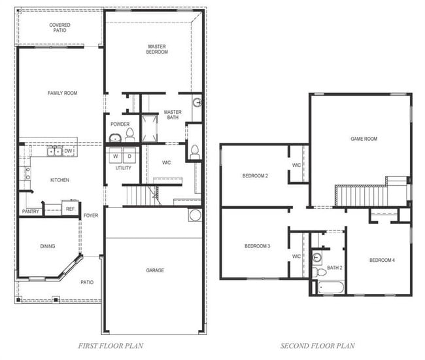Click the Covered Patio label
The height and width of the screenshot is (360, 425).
tap(59, 27)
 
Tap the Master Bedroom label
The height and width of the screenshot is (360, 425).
tap(157, 49)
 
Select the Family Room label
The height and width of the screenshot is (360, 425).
tap(62, 93)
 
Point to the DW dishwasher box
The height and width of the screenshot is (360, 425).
tap(69, 151)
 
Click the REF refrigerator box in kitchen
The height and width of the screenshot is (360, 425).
tap(70, 209)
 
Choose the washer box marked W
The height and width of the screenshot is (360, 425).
tap(115, 156)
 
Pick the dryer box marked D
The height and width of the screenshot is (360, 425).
tap(129, 156)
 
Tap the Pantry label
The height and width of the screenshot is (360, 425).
tap(31, 211)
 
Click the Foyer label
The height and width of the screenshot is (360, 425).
tap(91, 215)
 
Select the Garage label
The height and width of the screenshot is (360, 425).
tap(155, 270)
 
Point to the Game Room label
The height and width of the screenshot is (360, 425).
tap(364, 139)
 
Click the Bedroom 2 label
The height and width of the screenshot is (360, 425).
tap(256, 175)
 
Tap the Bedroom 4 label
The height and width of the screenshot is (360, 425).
tap(382, 260)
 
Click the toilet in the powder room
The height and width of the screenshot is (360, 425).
tap(129, 135)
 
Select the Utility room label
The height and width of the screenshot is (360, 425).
tap(123, 168)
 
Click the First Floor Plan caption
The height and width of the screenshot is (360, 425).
tap(111, 346)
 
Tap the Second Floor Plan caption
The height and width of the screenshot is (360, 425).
tap(318, 346)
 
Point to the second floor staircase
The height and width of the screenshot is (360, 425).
tap(362, 195)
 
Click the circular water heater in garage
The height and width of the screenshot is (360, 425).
tap(194, 215)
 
